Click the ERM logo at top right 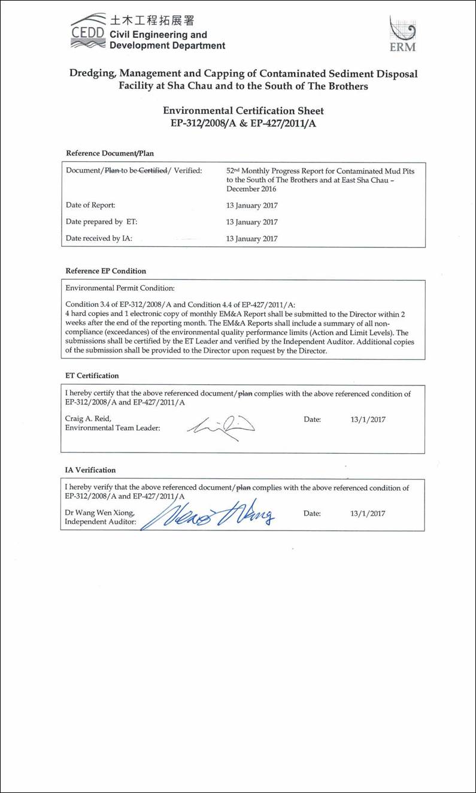click(x=402, y=34)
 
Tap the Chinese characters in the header click(x=151, y=20)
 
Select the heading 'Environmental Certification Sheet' click(x=243, y=111)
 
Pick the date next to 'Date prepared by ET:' click(x=252, y=222)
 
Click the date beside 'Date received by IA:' click(x=252, y=239)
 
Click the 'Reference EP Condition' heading click(x=105, y=271)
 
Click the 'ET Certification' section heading click(x=92, y=376)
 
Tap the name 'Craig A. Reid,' click(x=88, y=419)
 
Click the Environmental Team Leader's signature click(x=220, y=425)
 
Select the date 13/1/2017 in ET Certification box click(x=368, y=420)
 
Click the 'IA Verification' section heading click(x=90, y=470)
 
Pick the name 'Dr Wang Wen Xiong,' click(x=100, y=513)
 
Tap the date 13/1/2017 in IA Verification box click(x=368, y=514)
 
